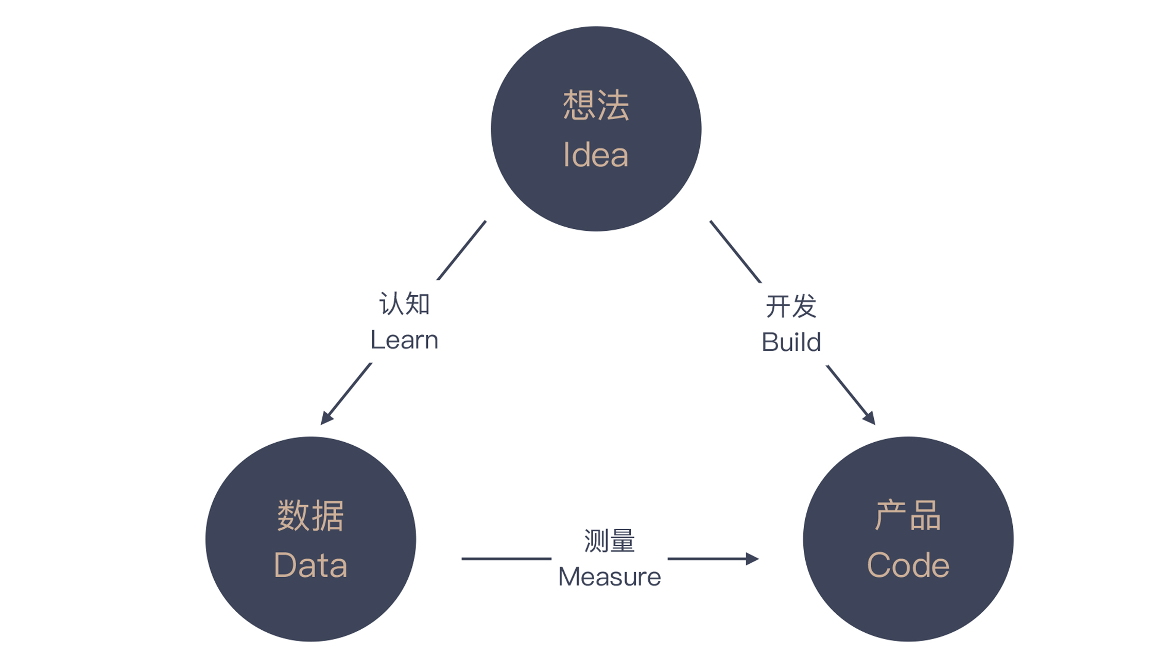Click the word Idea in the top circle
pos(596,155)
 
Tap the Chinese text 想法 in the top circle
pos(596,105)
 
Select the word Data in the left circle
pos(310,565)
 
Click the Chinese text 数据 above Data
pos(310,515)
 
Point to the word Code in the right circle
pos(908,565)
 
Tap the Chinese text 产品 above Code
pos(908,515)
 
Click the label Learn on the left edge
pos(404,340)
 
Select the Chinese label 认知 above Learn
pos(404,304)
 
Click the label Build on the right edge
pos(791,342)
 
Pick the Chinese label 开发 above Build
pos(791,306)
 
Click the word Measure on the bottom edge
pos(609,577)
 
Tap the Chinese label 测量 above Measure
pos(609,541)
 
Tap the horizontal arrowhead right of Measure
pos(752,559)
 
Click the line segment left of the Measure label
pos(506,559)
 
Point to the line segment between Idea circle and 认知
pos(461,250)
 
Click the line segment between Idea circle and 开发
pos(735,251)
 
